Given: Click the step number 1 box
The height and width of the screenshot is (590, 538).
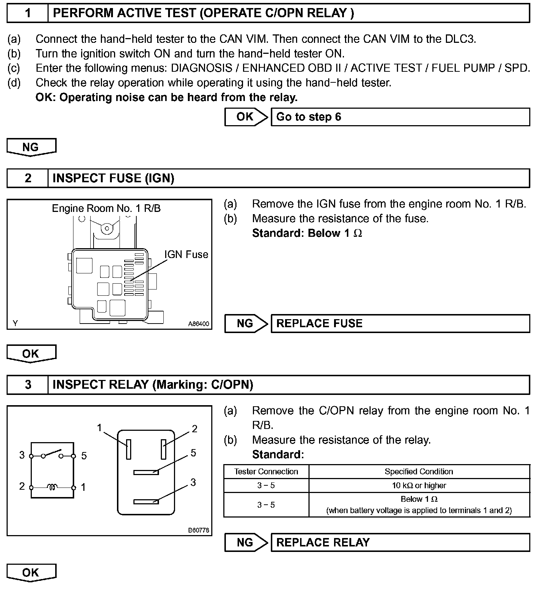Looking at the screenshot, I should pos(27,13).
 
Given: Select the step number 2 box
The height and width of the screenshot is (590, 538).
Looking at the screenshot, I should pos(27,178).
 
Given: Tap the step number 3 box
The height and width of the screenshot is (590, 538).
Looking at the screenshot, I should pos(27,385).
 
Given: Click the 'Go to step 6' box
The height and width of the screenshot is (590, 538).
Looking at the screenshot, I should pos(400,117).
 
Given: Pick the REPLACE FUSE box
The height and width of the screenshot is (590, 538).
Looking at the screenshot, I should pos(400,324).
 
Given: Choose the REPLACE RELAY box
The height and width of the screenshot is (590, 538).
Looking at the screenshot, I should pos(400,542).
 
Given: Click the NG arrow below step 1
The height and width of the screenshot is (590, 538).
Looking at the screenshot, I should pos(31,147).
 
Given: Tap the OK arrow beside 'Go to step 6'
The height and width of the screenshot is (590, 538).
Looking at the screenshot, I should pos(246,117).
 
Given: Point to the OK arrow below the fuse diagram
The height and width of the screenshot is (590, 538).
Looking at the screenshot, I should pos(31,354).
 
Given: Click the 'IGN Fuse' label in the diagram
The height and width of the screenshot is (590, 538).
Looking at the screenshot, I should pos(186,254).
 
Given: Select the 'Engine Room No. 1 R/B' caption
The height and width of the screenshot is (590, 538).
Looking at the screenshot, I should pos(106,209).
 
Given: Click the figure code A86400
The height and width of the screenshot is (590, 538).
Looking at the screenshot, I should pos(198,324).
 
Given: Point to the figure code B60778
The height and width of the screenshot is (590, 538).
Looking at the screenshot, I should pos(198,530).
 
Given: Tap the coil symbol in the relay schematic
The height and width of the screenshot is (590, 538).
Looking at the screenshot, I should pos(52,487).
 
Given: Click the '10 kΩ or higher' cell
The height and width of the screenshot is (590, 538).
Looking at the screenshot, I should pos(419,486).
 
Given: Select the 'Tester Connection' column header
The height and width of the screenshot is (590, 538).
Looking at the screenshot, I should pos(266,472).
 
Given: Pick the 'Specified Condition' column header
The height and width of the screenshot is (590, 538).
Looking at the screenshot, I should pos(419,472).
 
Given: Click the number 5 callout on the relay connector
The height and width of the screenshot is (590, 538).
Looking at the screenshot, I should pos(193,453).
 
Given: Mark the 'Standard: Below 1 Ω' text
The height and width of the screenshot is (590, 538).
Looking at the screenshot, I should pos(307,233).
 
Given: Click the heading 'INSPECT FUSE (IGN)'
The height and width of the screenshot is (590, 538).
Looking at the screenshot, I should pos(113,178).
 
